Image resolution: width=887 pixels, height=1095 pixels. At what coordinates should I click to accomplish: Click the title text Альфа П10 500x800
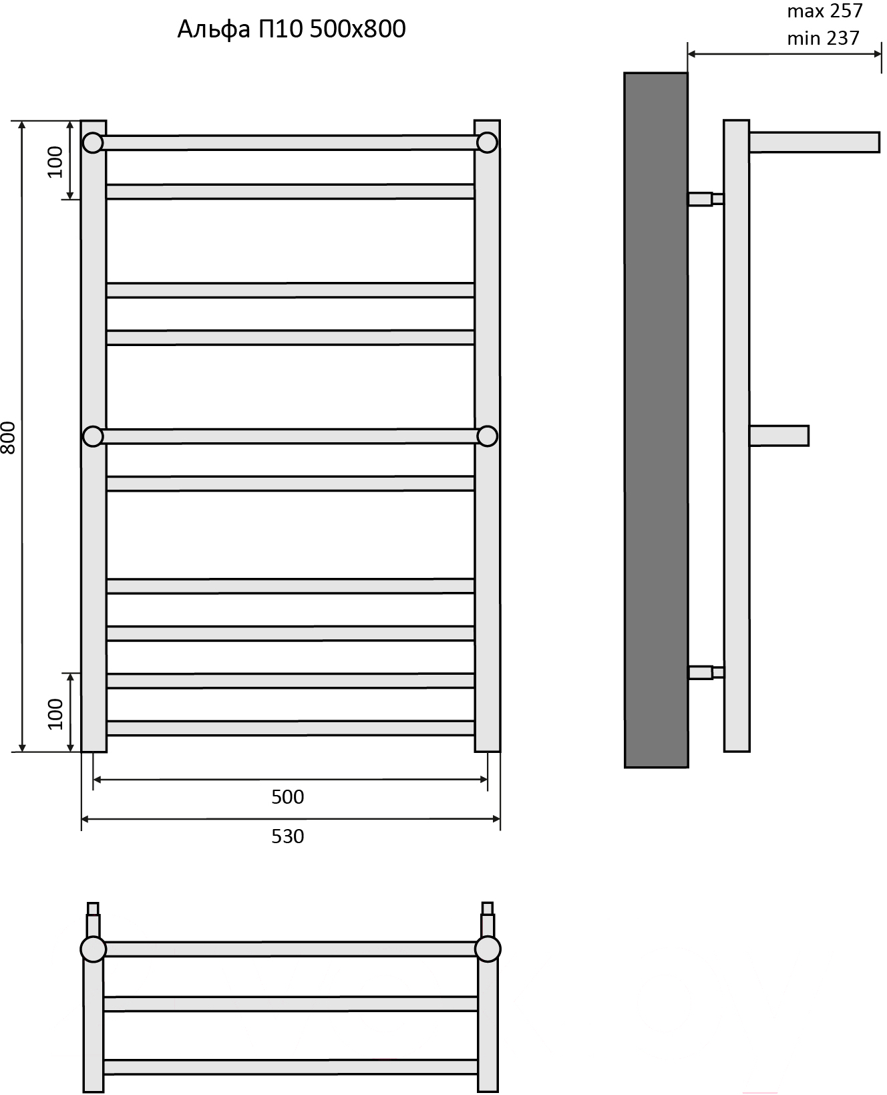point(292,29)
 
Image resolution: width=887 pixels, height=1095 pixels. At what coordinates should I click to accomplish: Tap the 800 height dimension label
point(9,438)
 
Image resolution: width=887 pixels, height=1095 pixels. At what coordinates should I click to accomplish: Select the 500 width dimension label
point(288,797)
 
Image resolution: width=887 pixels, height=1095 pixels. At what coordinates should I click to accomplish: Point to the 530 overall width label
point(288,836)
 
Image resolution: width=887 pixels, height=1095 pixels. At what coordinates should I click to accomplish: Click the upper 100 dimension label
point(55,162)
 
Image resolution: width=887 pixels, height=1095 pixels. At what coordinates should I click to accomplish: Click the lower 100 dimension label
point(55,714)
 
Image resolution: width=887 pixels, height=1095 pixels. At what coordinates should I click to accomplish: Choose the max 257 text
point(825,11)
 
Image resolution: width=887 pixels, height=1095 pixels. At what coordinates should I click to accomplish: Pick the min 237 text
point(824,38)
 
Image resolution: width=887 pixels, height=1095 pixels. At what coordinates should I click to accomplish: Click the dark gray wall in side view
point(656,420)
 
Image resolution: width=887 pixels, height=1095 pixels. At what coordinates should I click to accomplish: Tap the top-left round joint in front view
point(93,143)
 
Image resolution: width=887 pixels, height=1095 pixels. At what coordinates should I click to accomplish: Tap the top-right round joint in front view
point(488,143)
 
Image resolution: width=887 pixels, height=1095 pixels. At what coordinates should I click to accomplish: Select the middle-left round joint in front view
point(93,436)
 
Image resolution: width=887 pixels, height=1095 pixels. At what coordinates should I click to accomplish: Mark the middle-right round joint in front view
point(488,436)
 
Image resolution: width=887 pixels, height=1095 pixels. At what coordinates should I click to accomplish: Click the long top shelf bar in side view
point(814,142)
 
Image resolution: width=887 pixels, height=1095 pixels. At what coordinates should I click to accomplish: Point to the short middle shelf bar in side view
point(779,436)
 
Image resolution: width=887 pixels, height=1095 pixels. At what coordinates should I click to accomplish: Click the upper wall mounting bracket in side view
point(706,198)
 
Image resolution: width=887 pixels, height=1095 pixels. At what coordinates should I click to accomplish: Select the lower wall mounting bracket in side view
point(706,672)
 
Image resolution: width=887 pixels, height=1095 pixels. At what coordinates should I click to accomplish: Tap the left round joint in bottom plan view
point(93,949)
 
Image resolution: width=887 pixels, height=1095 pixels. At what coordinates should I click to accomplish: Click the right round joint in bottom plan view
point(488,949)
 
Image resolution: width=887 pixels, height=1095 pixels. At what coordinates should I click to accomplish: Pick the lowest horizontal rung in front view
point(291,728)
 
